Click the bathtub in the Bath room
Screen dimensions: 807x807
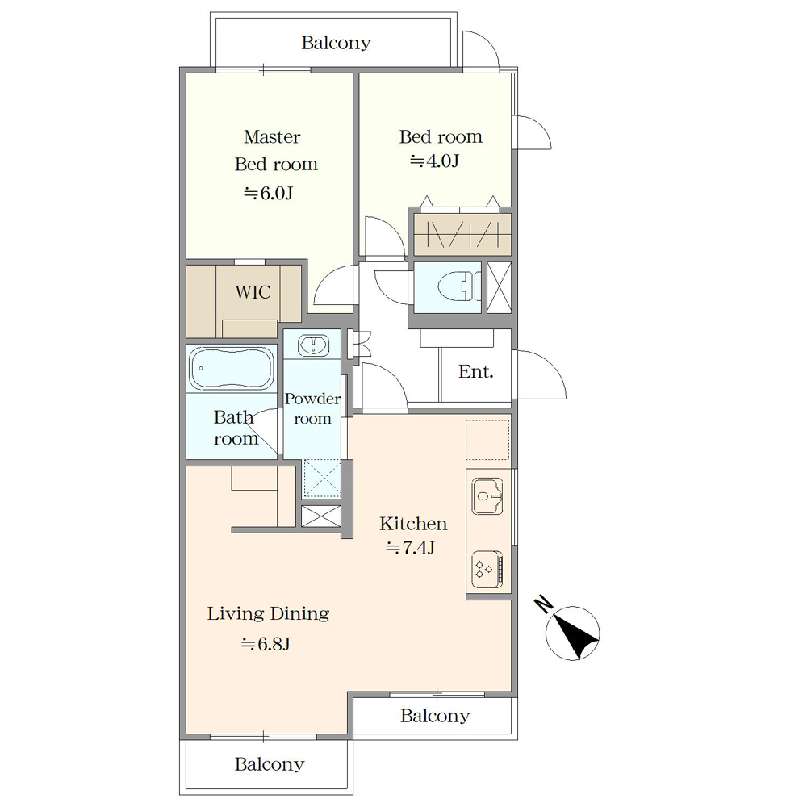coord(232,368)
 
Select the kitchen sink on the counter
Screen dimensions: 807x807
coord(487,496)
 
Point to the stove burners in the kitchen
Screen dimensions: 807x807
coord(487,569)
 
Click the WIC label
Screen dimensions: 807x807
coord(253,292)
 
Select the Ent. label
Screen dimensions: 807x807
coord(476,371)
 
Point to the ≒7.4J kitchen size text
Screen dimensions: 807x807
coord(410,548)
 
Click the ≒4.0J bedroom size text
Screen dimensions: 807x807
coord(434,161)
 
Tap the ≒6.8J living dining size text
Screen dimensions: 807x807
coord(266,644)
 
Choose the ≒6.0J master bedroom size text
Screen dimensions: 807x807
coord(268,193)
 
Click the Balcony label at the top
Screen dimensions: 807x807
coord(336,43)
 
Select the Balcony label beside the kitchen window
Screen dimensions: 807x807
coord(436,715)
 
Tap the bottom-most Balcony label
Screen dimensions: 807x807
coord(270,764)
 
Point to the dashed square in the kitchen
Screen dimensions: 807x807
coord(487,440)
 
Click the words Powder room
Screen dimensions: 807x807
coord(312,408)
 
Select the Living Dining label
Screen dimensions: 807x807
coord(268,613)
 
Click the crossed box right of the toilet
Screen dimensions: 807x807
coord(499,287)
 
